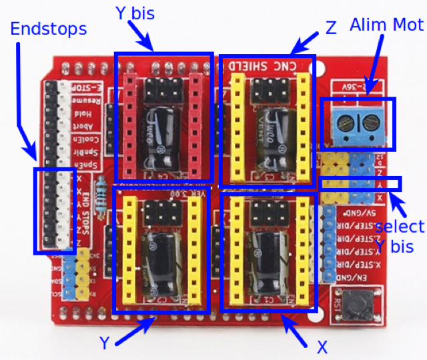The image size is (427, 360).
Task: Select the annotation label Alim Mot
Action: (x=386, y=25)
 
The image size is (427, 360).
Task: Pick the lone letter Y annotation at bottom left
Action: (x=105, y=343)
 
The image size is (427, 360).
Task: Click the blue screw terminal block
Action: (x=357, y=125)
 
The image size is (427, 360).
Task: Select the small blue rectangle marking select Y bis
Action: (x=361, y=183)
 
